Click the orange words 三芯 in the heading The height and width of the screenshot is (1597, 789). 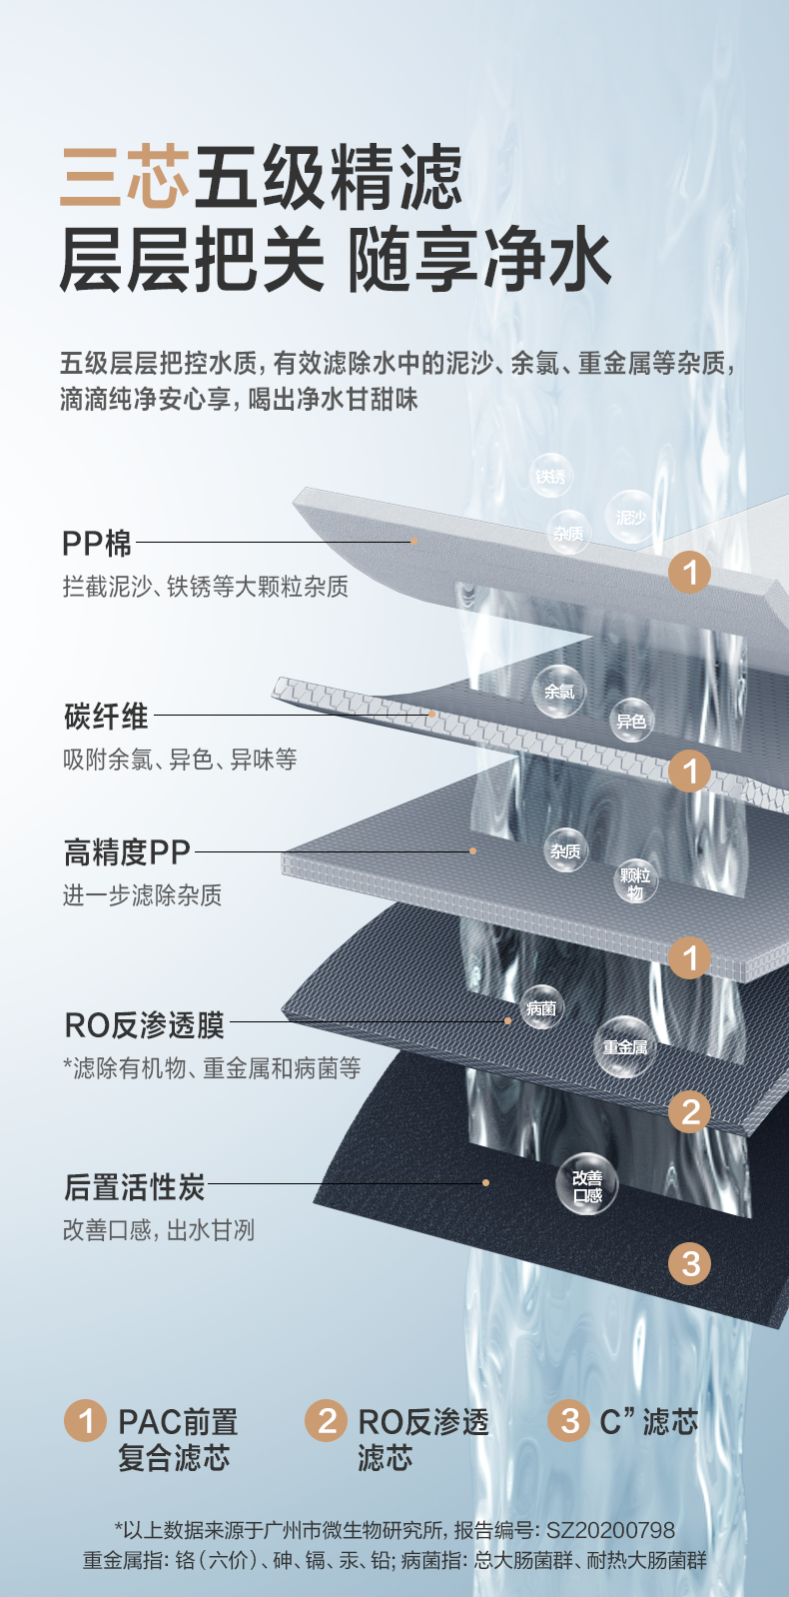coord(125,178)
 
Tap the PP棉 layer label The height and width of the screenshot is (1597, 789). coord(97,544)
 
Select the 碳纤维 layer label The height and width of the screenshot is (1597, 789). coord(107,716)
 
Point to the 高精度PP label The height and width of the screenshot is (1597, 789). coord(127,852)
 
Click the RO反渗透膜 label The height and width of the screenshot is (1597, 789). coord(145,1024)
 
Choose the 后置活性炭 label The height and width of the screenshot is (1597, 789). coord(135,1186)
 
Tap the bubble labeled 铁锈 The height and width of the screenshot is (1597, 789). coord(550,476)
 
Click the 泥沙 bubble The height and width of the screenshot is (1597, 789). coord(630,517)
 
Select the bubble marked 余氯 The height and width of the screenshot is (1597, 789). coord(558,692)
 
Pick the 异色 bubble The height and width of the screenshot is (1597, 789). coord(631,721)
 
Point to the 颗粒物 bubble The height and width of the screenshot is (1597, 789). coord(635,882)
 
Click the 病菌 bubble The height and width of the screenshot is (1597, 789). coord(541,1008)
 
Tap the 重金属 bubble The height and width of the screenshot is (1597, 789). coord(624,1046)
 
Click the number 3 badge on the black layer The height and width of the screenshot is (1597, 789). coord(690,1263)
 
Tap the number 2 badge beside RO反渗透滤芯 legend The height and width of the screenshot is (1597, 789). coord(327,1420)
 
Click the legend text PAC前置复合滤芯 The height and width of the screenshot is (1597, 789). coord(177,1439)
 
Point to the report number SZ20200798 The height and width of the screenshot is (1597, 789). coord(610,1530)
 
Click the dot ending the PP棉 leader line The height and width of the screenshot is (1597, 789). coord(413,541)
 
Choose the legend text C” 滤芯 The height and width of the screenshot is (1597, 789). coord(648,1421)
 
